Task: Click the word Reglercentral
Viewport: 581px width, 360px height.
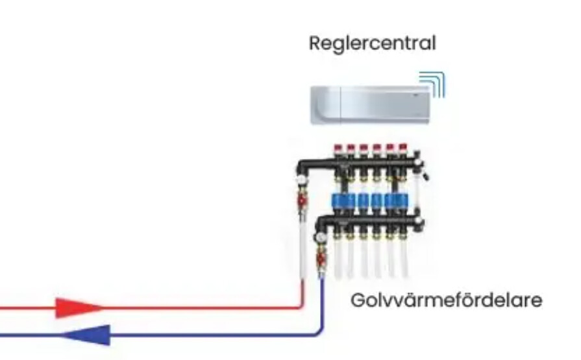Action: [372, 44]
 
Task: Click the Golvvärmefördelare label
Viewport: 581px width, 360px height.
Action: [446, 302]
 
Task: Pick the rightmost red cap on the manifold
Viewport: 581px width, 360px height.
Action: [402, 150]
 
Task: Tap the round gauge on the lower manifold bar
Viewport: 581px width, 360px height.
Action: [320, 237]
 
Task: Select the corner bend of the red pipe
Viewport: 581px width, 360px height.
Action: [301, 305]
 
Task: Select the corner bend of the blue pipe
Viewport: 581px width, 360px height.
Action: [319, 332]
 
